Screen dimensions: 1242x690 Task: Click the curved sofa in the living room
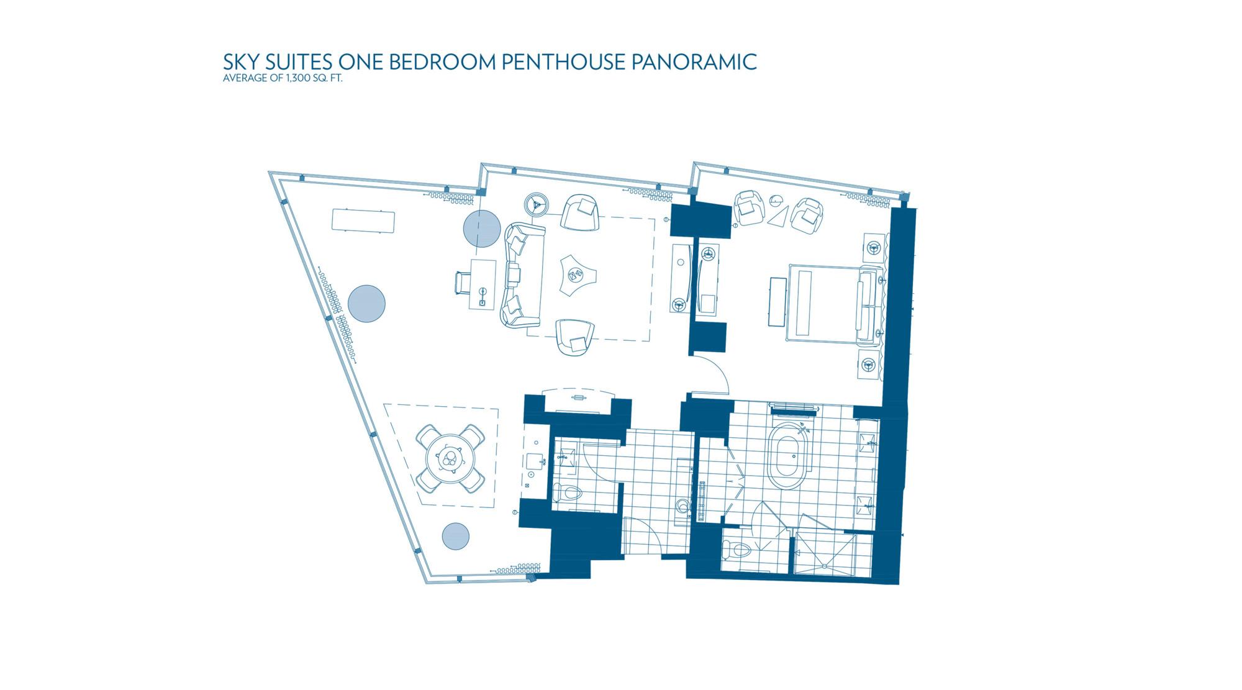point(524,275)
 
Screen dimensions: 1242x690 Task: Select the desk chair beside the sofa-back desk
point(463,283)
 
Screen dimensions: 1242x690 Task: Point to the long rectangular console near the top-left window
point(363,221)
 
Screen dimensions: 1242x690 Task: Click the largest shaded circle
point(366,304)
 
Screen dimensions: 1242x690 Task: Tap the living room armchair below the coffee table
point(574,337)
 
